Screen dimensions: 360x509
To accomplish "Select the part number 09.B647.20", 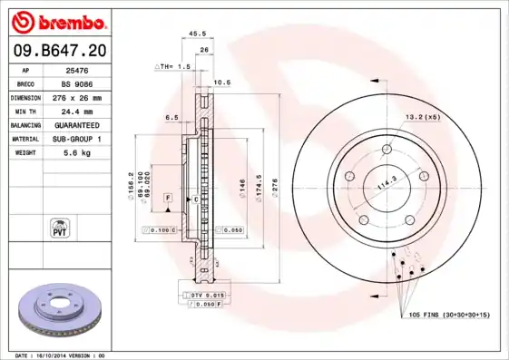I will tap(59, 51).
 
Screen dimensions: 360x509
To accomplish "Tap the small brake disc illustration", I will tap(56, 309).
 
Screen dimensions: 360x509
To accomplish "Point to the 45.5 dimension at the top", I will tap(195, 34).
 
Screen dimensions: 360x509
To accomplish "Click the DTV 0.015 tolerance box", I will tap(206, 296).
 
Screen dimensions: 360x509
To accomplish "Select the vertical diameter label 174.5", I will tap(259, 189).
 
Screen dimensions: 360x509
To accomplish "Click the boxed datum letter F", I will tap(168, 197).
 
